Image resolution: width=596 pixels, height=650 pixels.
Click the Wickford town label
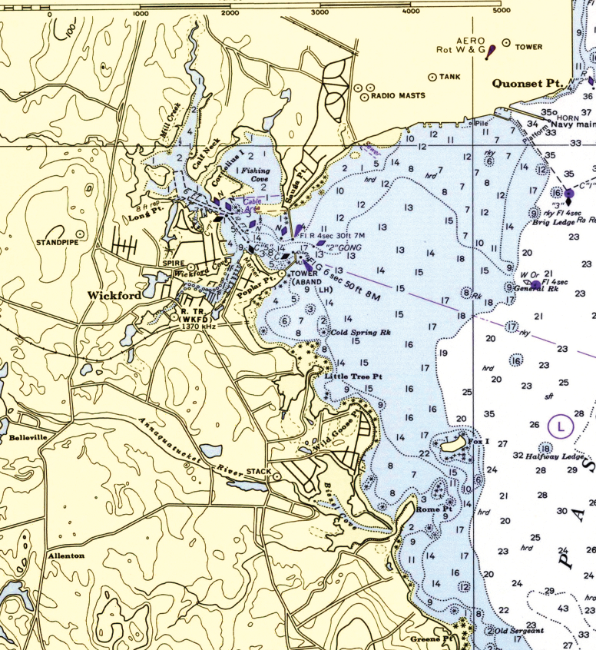coord(112,295)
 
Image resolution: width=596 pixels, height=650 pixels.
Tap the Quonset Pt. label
coord(528,82)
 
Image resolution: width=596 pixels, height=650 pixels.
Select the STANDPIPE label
coord(56,243)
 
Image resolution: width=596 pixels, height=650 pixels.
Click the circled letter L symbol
coord(561,424)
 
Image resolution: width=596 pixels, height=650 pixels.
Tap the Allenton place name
coord(67,555)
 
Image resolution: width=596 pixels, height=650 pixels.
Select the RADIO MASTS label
coord(397,96)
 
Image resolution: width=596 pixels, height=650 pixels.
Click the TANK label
coord(452,77)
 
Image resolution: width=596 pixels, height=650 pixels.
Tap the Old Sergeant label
coord(518,631)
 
